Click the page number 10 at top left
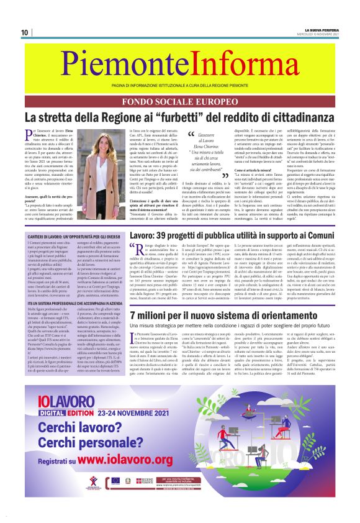(25, 32)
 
